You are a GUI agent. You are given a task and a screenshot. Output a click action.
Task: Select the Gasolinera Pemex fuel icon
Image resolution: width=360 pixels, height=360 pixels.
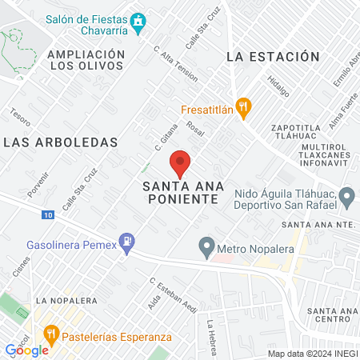click(126, 240)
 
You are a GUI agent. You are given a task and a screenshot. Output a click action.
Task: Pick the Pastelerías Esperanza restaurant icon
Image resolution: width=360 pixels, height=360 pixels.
click(51, 332)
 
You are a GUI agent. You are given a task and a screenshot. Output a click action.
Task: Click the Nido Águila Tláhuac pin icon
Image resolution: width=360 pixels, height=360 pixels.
click(346, 196)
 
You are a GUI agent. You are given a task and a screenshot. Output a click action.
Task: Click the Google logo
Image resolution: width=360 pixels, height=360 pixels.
click(27, 350)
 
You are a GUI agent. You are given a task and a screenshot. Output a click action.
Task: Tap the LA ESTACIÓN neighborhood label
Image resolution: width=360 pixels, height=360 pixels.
click(273, 57)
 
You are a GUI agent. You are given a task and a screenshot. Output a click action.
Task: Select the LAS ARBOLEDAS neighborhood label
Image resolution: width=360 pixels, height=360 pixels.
click(61, 142)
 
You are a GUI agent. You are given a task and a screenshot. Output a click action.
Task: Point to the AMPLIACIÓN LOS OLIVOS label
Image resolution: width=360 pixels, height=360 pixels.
click(86, 60)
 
